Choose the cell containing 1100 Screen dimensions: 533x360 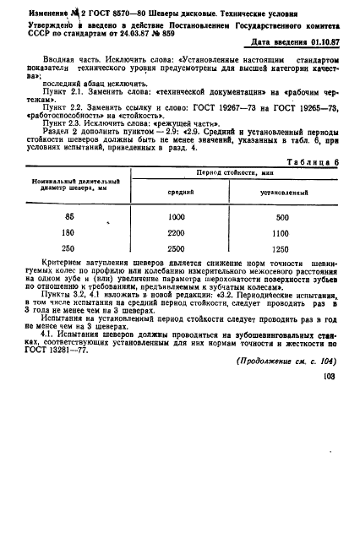[x=283, y=255]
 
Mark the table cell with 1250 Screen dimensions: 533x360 [x=283, y=272]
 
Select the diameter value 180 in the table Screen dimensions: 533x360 [x=69, y=255]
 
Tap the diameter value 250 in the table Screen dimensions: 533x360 [x=69, y=272]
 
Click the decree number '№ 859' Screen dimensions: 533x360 [x=184, y=29]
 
